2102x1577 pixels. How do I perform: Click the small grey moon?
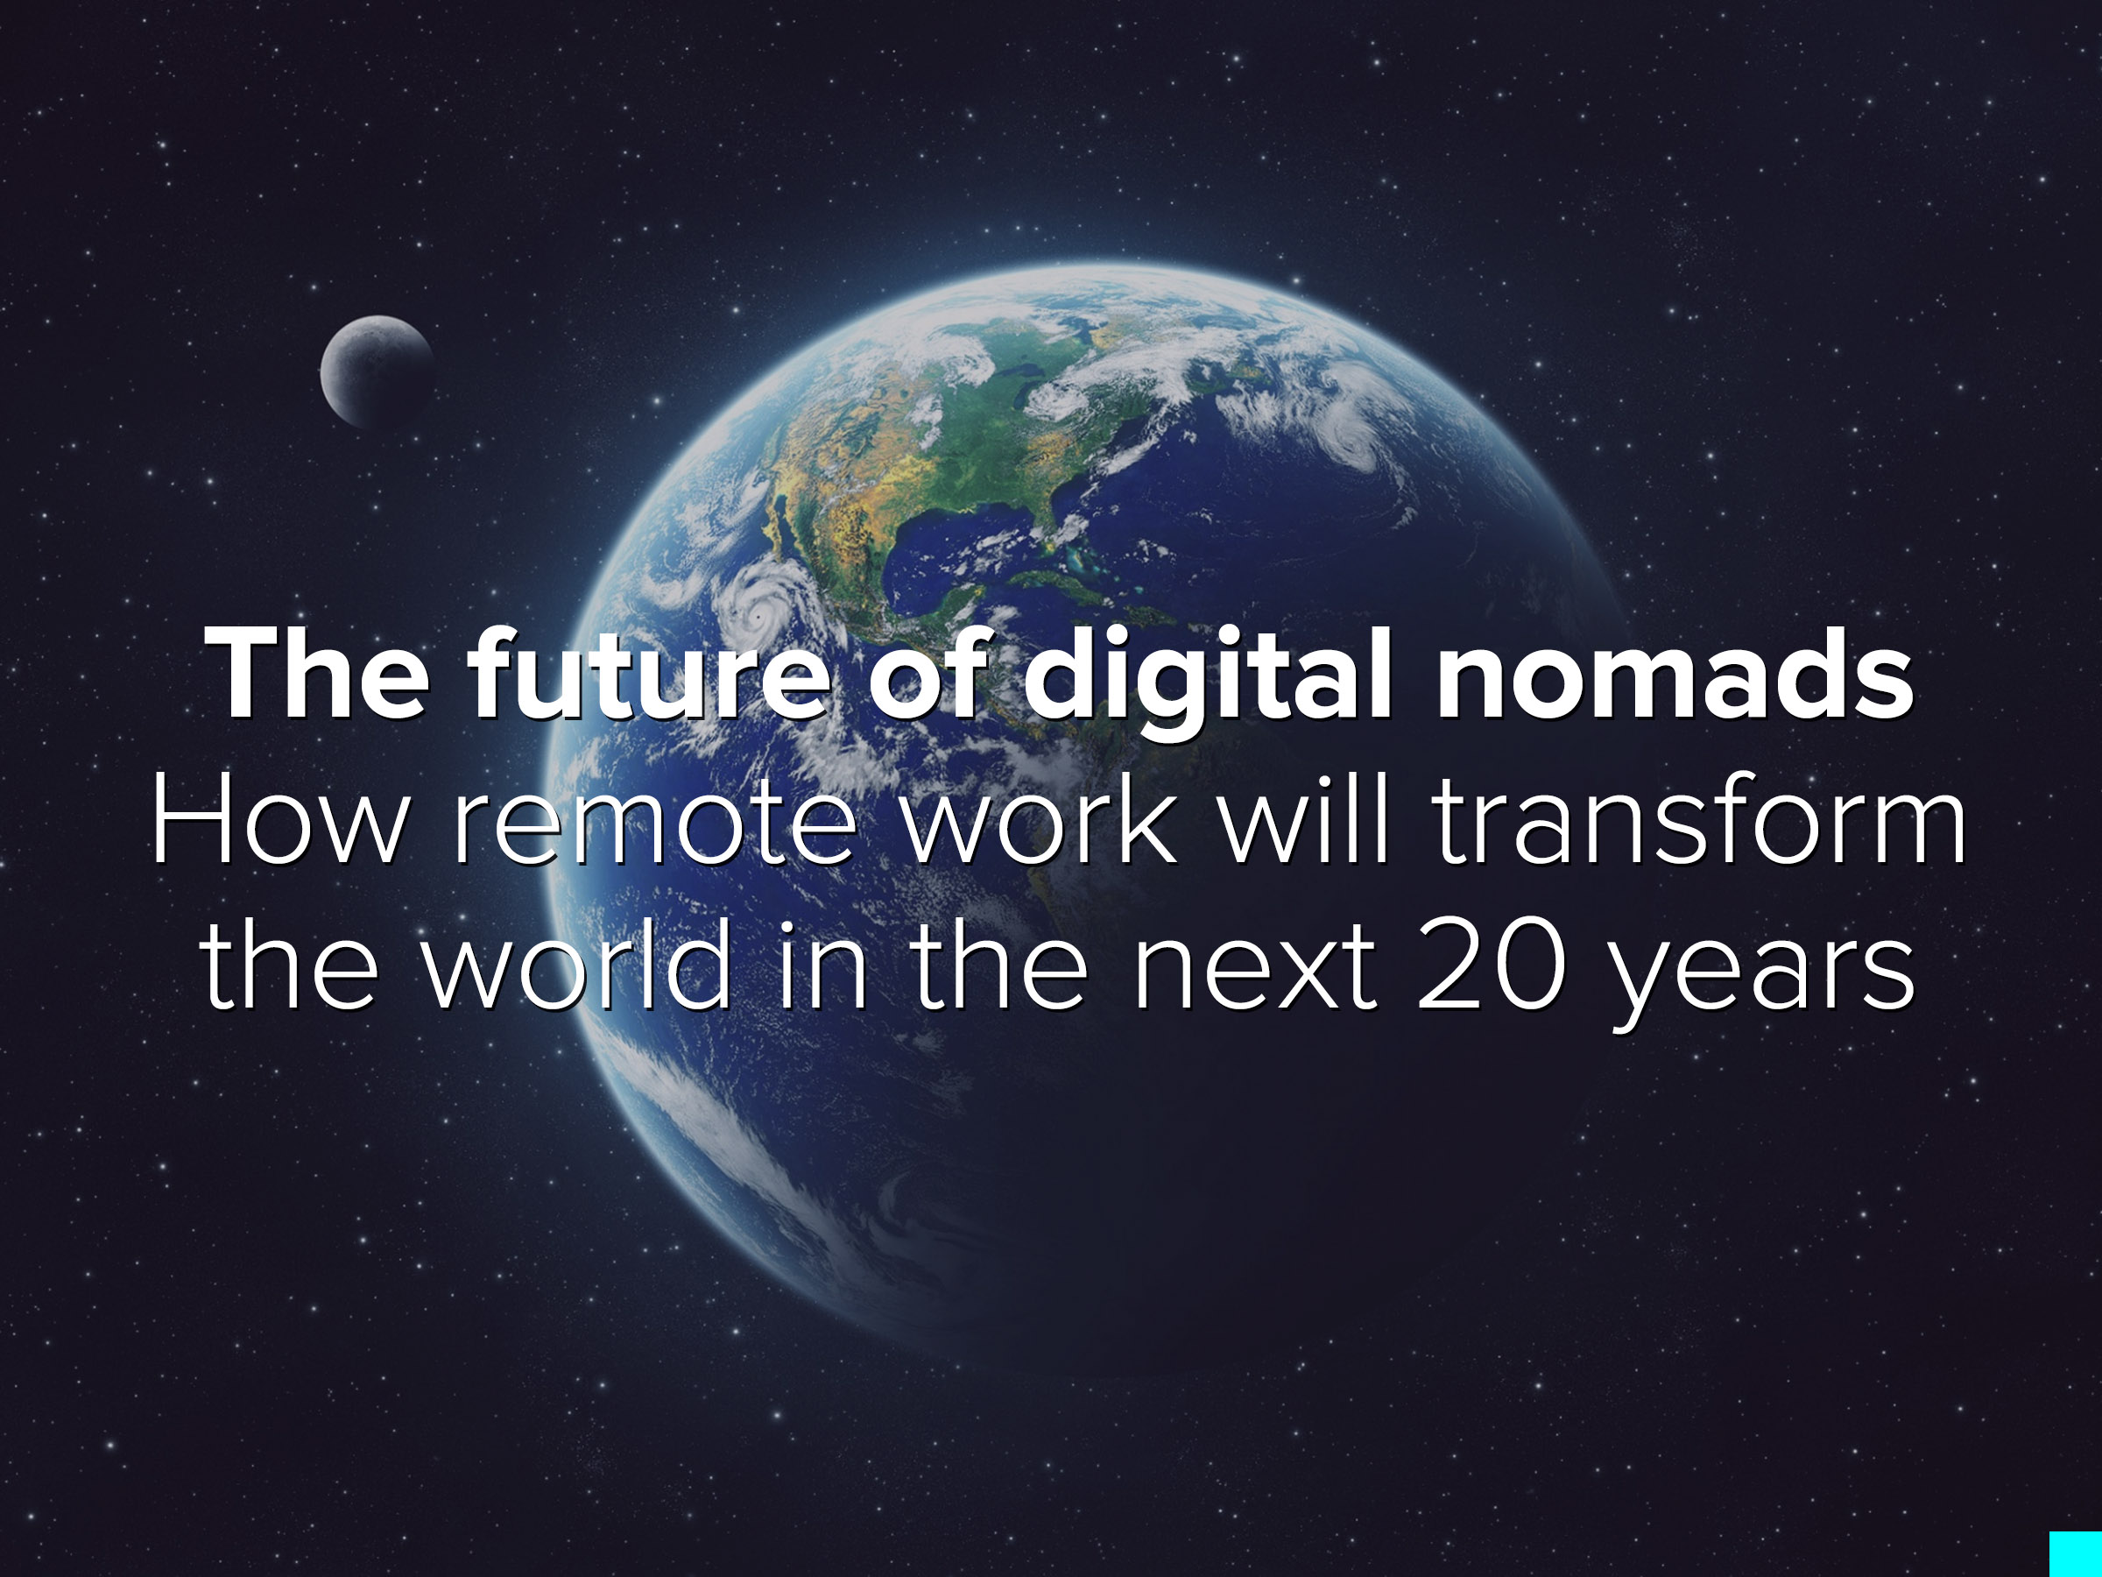[x=377, y=371]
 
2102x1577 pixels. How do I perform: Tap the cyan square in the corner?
[x=2076, y=1554]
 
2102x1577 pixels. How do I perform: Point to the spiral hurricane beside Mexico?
[x=760, y=613]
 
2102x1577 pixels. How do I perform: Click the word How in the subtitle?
[x=279, y=819]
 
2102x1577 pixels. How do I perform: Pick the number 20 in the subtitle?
[x=1490, y=964]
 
